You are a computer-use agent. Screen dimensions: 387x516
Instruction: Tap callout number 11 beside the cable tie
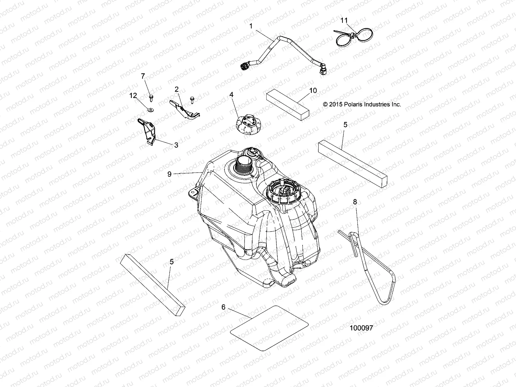tap(344, 20)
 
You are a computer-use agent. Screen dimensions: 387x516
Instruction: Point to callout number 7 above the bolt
tap(143, 76)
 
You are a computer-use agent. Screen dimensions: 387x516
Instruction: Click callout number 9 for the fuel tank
tap(170, 174)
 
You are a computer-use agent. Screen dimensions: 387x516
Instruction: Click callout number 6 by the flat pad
tap(223, 307)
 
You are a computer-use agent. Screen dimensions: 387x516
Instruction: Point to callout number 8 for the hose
tap(355, 202)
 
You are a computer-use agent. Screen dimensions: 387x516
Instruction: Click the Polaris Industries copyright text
tap(362, 104)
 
